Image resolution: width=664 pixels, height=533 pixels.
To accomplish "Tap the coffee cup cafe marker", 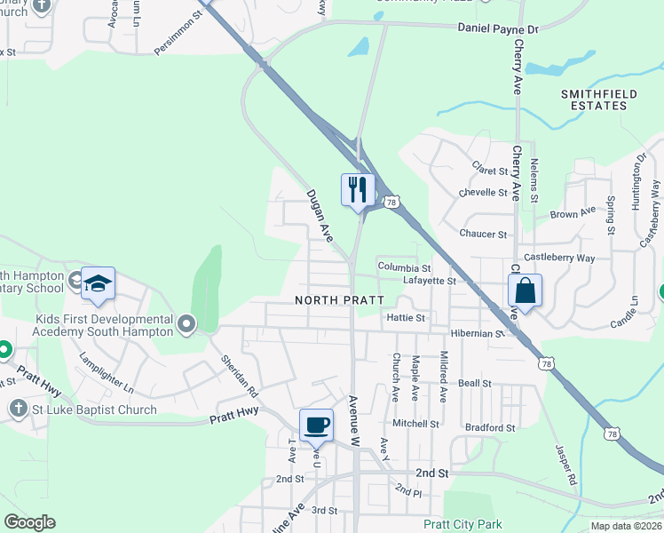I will (315, 425).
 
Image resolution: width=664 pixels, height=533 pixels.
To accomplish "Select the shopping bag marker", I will (525, 290).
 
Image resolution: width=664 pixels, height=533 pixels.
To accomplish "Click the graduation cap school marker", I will (98, 283).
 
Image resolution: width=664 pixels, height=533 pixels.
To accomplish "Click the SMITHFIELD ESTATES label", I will (593, 99).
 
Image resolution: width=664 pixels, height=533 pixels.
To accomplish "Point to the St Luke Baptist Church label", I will (95, 410).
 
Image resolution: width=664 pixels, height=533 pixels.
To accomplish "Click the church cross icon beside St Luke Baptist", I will (17, 409).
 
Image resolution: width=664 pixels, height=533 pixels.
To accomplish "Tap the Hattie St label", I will (407, 317).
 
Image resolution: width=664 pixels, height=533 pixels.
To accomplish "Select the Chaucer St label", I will (483, 235).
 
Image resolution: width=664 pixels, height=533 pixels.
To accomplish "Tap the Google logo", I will (29, 522).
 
